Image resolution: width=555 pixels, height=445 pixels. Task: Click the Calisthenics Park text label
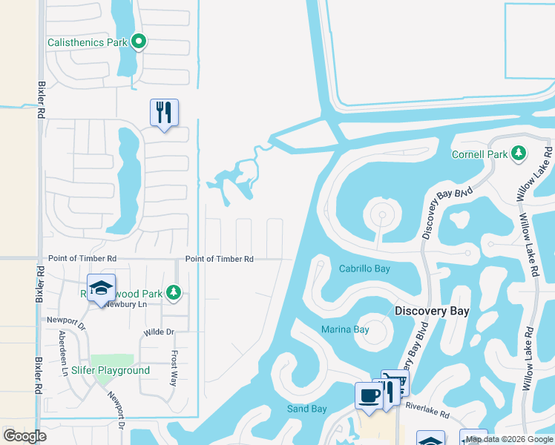click(88, 42)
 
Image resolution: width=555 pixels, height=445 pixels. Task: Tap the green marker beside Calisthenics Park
click(139, 42)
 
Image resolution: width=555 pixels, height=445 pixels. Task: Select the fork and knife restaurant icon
click(164, 113)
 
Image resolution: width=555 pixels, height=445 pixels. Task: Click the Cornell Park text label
click(480, 154)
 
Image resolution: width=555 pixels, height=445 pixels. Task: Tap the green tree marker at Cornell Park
click(519, 154)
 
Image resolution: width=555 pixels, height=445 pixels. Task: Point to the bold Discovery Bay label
click(431, 311)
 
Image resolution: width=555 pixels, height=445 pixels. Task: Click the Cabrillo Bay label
click(364, 268)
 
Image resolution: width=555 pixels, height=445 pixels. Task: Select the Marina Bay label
click(345, 329)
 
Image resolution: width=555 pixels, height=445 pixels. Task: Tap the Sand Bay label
click(306, 409)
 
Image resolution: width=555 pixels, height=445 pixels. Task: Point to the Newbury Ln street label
click(122, 304)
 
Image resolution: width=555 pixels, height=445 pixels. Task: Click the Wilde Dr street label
click(158, 332)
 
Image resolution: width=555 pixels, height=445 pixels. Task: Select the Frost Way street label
click(174, 367)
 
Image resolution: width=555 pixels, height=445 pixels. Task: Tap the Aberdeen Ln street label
click(63, 361)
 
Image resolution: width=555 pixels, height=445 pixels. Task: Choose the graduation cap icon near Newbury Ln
click(101, 288)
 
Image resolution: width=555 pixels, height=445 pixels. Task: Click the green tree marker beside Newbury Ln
click(174, 292)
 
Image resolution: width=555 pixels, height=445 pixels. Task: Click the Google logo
click(25, 436)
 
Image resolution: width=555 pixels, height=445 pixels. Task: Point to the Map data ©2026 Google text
click(509, 439)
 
